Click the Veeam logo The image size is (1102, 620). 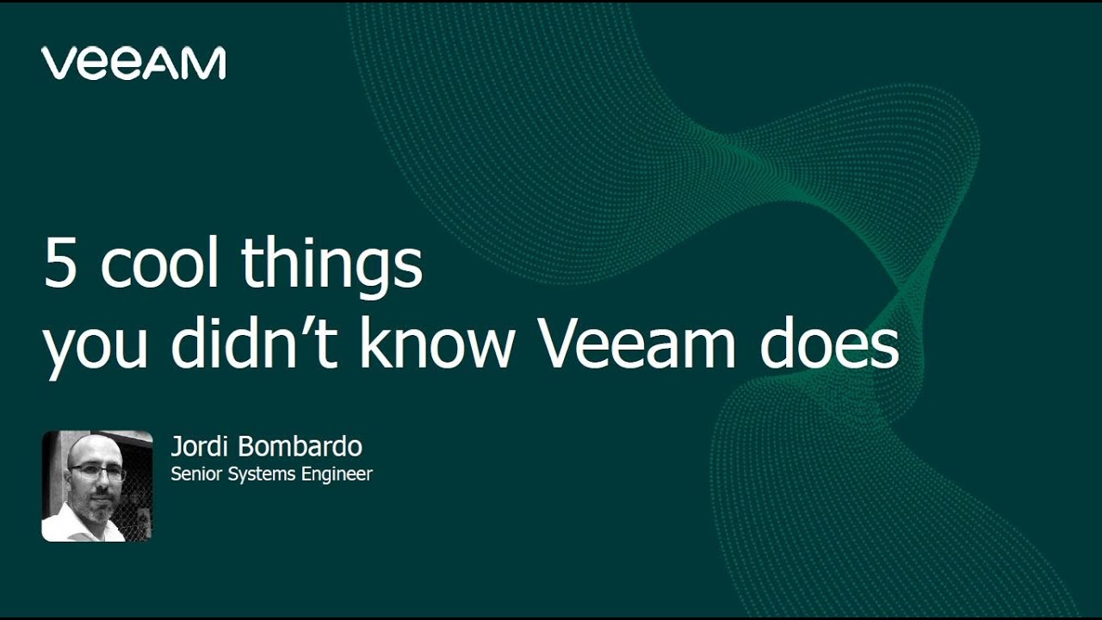pyautogui.click(x=133, y=64)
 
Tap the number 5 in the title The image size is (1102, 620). pyautogui.click(x=60, y=264)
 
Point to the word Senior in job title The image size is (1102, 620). pyautogui.click(x=196, y=474)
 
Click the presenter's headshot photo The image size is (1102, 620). pyautogui.click(x=96, y=486)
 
